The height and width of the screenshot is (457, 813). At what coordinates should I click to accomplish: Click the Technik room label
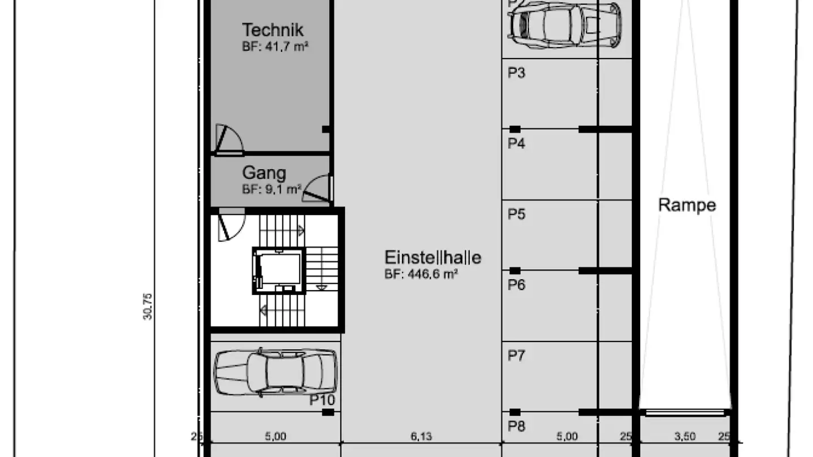[273, 30]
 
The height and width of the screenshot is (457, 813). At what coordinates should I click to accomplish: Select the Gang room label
[264, 173]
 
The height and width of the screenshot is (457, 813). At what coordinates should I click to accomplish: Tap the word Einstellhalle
[432, 258]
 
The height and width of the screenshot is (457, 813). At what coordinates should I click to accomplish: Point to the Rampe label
[687, 205]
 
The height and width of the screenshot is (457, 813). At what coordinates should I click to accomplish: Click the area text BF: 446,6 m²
[421, 274]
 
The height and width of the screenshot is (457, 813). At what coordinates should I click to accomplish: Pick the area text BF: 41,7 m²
[275, 47]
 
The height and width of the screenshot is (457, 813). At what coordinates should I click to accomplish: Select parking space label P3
[516, 73]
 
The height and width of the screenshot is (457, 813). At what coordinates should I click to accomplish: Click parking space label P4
[516, 144]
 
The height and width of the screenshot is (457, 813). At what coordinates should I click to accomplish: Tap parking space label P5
[516, 214]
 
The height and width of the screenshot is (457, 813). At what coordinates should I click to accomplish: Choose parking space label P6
[516, 285]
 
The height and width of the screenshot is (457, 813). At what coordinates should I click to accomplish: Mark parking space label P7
[516, 355]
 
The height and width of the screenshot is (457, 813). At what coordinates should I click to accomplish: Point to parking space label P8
[516, 426]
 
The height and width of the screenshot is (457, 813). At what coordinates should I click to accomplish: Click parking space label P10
[322, 401]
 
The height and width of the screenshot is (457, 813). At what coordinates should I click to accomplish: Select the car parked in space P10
[275, 372]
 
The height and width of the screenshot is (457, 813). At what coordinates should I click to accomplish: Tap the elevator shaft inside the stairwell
[278, 271]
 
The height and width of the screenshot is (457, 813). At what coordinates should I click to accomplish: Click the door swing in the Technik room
[229, 139]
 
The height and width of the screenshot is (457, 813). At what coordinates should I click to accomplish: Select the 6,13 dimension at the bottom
[421, 436]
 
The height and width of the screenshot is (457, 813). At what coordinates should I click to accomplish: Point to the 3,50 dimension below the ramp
[684, 436]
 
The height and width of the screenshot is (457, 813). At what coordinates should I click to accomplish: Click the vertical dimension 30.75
[148, 306]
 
